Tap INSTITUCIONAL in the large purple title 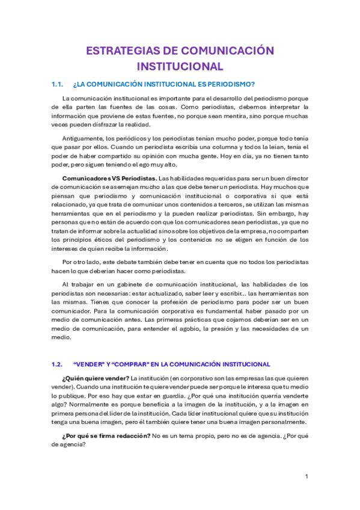pyautogui.click(x=180, y=65)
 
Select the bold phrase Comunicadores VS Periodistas pyautogui.click(x=109, y=178)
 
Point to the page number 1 pyautogui.click(x=307, y=477)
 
